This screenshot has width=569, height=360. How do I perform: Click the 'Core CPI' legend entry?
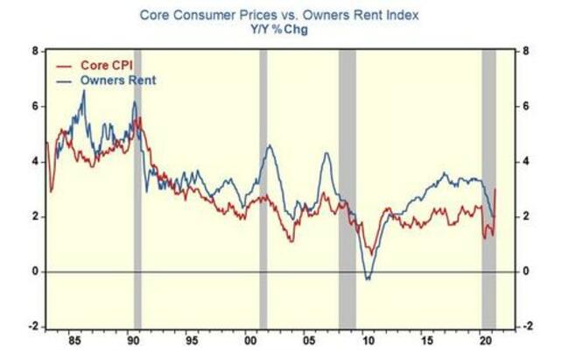pos(101,66)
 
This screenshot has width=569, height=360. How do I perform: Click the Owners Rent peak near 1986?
pos(83,91)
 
